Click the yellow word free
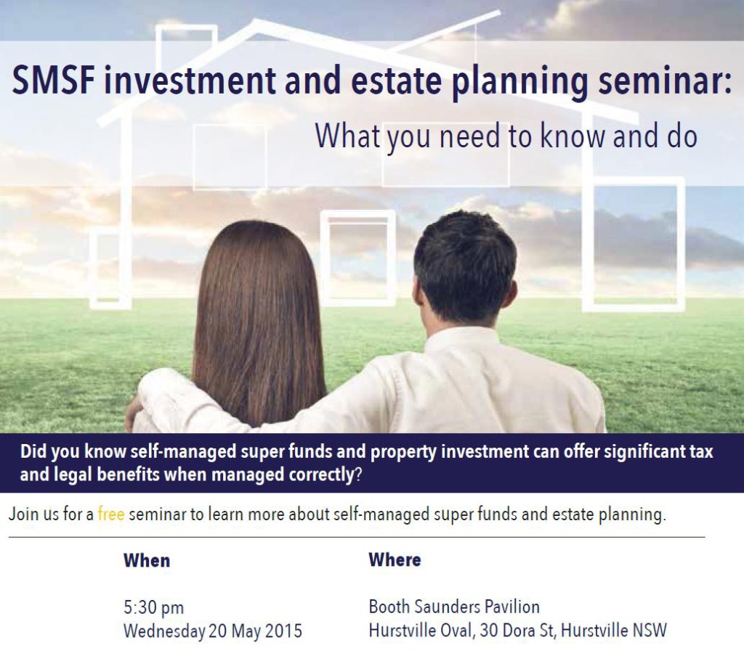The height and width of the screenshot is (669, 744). click(111, 514)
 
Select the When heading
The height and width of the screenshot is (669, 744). click(147, 560)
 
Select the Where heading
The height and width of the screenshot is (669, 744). click(395, 559)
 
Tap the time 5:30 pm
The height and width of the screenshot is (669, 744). click(154, 608)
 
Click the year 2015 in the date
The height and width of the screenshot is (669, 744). click(283, 631)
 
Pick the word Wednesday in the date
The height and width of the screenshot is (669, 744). click(164, 631)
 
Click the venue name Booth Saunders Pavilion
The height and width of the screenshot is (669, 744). click(454, 607)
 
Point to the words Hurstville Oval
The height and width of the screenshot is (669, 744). click(421, 631)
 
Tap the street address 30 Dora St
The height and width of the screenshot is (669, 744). click(517, 631)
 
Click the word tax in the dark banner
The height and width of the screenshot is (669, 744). click(701, 451)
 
